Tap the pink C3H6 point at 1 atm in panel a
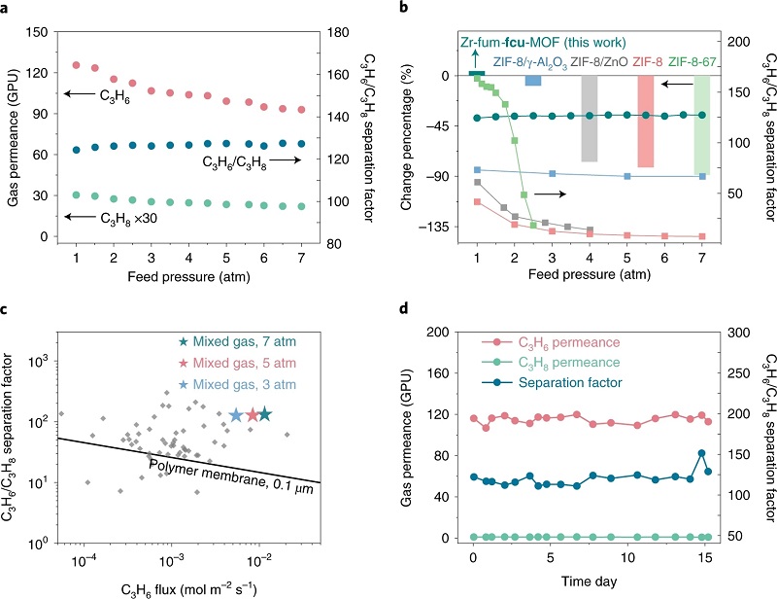pos(76,65)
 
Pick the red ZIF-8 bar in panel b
pos(645,122)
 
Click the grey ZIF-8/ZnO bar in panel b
pos(589,119)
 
